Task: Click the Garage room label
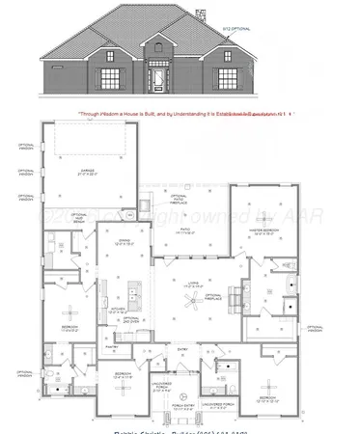point(85,176)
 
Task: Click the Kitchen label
point(117,311)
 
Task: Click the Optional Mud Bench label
point(81,219)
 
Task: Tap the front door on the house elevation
point(156,76)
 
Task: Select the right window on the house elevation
point(228,77)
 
